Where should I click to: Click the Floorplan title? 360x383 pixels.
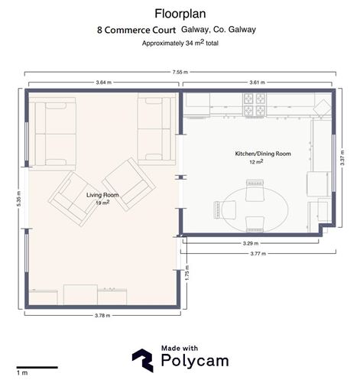(x=179, y=13)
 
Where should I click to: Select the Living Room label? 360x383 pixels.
(x=102, y=196)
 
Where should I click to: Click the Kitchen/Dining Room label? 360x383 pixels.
(x=262, y=154)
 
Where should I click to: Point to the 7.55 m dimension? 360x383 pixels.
(x=180, y=72)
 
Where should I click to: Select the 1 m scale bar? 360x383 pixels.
(x=36, y=368)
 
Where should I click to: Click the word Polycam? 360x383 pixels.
(x=191, y=364)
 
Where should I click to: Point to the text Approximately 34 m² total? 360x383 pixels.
(x=180, y=44)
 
